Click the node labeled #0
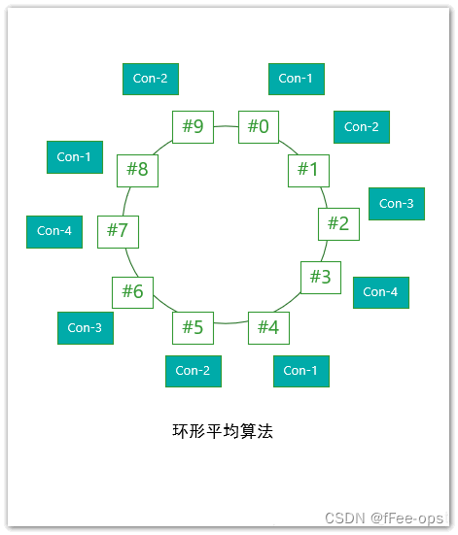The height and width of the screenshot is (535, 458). (x=259, y=126)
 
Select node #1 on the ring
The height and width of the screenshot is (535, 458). (x=308, y=170)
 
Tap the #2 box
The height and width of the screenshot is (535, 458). (x=338, y=224)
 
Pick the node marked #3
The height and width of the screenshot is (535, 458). (x=321, y=278)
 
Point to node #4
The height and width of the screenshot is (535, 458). (x=268, y=327)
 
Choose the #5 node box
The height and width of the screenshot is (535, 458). (x=193, y=327)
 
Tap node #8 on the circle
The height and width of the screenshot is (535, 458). (x=137, y=170)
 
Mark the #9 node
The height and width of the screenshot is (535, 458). (x=193, y=126)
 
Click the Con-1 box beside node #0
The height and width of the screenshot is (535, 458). (x=296, y=79)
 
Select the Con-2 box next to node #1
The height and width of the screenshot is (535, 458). (x=362, y=127)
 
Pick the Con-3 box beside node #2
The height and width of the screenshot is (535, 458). (x=397, y=204)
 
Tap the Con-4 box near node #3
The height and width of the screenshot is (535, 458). (x=380, y=292)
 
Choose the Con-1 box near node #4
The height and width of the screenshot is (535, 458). (x=300, y=371)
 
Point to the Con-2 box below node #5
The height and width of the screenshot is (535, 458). (x=193, y=371)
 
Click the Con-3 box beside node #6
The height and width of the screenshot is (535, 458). (x=85, y=328)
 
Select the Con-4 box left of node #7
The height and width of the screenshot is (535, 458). (x=54, y=231)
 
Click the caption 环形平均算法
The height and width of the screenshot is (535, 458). (x=223, y=431)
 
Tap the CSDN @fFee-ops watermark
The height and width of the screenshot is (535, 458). (x=383, y=518)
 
